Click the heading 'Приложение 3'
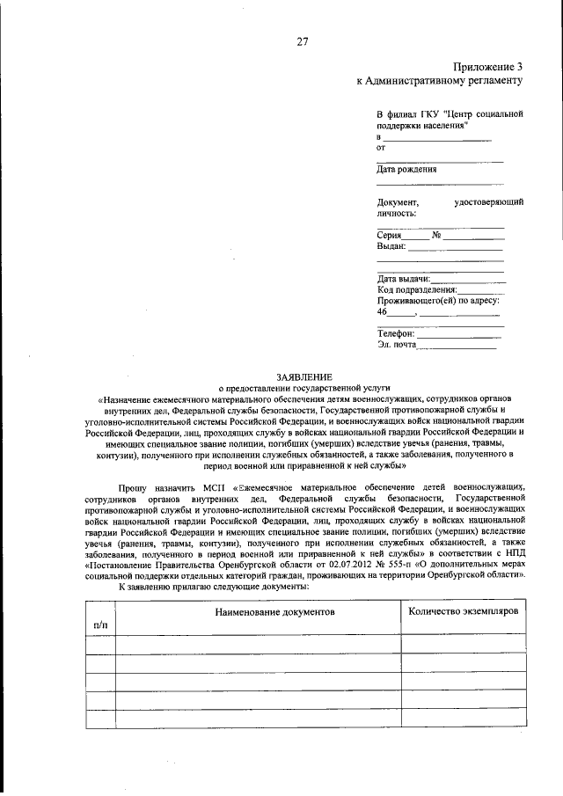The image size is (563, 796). tap(488, 67)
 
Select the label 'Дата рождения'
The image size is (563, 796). tap(406, 169)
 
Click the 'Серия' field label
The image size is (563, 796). tap(390, 235)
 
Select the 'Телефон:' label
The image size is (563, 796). tap(396, 333)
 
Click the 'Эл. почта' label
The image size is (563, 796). tap(397, 345)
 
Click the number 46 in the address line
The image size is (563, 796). tap(383, 311)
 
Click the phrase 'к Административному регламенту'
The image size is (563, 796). tap(440, 80)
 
